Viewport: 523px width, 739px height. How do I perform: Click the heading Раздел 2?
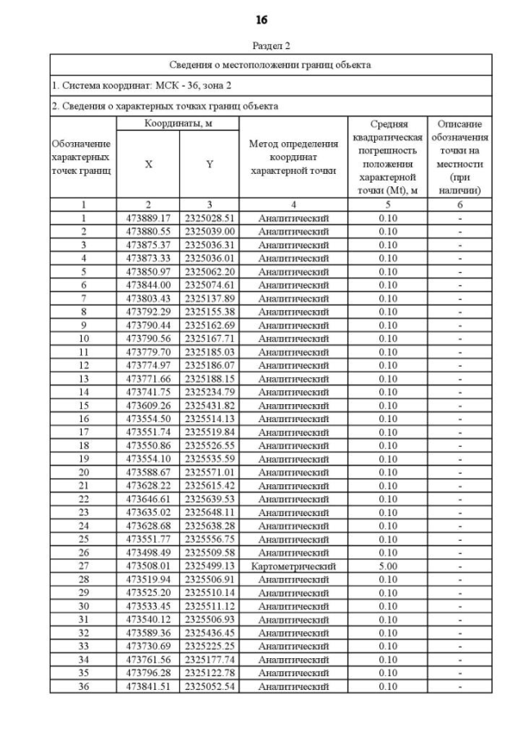pos(270,47)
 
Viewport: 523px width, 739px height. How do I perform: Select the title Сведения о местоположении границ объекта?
pos(270,64)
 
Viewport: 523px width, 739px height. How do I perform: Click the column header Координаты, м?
pos(178,122)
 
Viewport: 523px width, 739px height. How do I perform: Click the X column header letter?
pos(149,164)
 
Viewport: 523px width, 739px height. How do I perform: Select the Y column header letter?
pos(209,164)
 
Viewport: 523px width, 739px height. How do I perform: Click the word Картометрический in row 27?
pos(293,565)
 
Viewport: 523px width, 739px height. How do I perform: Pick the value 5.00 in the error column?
pos(387,565)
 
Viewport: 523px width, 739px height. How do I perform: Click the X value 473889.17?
pos(148,218)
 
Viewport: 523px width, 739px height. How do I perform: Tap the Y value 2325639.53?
pos(209,498)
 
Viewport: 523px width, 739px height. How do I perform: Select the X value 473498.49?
pos(148,552)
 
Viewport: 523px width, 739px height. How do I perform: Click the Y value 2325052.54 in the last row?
pos(209,686)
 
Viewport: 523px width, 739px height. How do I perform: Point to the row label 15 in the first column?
pos(83,405)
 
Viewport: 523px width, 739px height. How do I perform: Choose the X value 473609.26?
pos(148,405)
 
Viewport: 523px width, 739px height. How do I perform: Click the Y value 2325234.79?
pos(209,392)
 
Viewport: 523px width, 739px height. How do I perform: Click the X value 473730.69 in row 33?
pos(148,646)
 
